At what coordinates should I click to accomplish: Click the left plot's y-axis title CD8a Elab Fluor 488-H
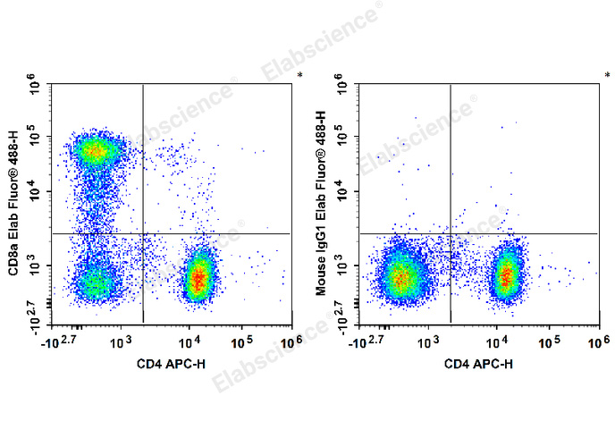click(x=15, y=207)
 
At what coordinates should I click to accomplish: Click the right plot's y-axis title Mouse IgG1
click(x=323, y=207)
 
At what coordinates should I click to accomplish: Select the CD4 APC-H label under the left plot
click(x=168, y=364)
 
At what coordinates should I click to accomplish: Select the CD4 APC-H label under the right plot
click(x=476, y=364)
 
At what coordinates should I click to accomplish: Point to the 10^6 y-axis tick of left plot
click(x=36, y=87)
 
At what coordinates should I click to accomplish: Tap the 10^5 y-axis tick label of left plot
click(x=36, y=138)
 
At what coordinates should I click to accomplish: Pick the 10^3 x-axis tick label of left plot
click(x=122, y=341)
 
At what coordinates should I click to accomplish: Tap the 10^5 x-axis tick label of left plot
click(x=240, y=341)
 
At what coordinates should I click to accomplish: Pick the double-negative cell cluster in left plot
click(x=97, y=284)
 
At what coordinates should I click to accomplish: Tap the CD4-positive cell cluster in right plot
click(x=507, y=276)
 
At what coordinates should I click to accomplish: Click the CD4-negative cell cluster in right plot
click(x=400, y=278)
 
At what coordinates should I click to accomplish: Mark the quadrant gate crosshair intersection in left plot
click(x=143, y=233)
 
